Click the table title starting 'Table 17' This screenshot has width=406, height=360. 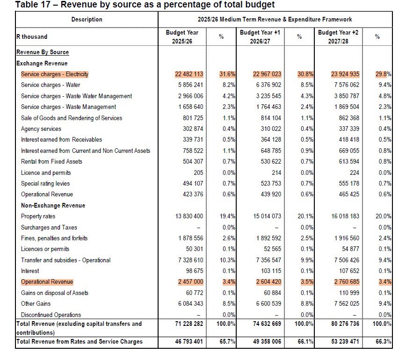click(x=145, y=5)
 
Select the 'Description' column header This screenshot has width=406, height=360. click(x=87, y=20)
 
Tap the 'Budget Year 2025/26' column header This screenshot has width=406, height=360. click(x=182, y=37)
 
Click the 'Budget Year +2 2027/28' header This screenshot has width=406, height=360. click(x=338, y=37)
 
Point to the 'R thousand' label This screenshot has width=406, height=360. click(x=32, y=36)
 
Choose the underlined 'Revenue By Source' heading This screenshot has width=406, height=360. click(x=43, y=52)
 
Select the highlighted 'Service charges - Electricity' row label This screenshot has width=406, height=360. click(x=55, y=74)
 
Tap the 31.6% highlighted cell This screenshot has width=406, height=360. click(x=227, y=74)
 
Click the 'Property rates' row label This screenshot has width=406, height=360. click(x=38, y=216)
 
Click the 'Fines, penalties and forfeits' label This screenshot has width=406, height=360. click(x=54, y=238)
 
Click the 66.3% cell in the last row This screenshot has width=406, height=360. click(x=383, y=342)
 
